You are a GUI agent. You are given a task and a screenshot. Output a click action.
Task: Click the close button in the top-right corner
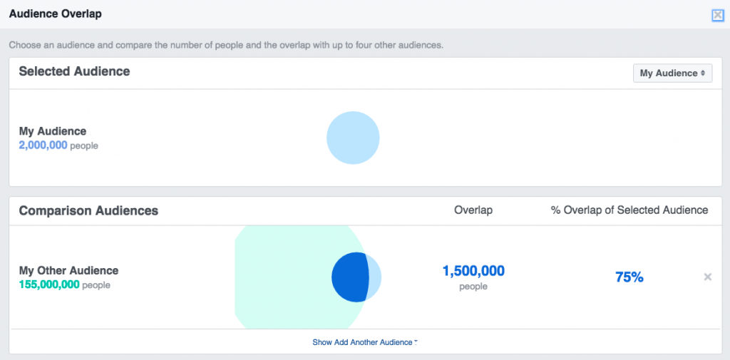[717, 15]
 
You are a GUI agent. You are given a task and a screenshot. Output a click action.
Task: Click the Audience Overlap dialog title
[56, 14]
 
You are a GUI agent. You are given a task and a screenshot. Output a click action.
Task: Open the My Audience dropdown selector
[672, 73]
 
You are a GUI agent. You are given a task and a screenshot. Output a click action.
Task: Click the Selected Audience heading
[74, 71]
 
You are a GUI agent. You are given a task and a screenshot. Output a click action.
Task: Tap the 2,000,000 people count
[43, 145]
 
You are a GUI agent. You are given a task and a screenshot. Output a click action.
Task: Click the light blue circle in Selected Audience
[353, 138]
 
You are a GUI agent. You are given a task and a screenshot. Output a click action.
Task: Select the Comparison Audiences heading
[88, 211]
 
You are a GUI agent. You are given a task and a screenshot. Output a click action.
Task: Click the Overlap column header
[473, 210]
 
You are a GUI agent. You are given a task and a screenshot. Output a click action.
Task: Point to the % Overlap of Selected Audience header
[629, 210]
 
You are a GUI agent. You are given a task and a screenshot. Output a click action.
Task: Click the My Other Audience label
[68, 271]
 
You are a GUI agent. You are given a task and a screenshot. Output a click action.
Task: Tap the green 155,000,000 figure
[49, 284]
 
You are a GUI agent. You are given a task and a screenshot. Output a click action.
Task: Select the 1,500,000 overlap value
[473, 271]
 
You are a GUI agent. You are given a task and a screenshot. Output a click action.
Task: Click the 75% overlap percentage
[629, 277]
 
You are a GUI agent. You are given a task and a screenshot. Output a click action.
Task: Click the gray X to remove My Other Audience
[708, 277]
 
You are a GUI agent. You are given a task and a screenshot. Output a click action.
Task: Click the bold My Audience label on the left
[52, 131]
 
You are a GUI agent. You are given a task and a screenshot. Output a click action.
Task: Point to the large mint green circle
[285, 277]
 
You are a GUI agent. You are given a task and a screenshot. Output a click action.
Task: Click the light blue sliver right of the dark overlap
[374, 277]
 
